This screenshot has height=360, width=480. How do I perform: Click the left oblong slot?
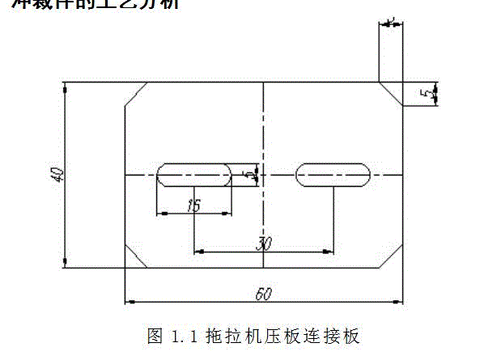pos(194,175)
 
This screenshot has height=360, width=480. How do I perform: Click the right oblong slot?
pos(333,175)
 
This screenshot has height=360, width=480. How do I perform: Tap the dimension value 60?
pos(262,294)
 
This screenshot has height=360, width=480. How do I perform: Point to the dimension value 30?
pos(262,244)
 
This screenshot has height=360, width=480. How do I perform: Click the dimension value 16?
pos(193,205)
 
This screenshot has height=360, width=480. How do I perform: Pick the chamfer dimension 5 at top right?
pos(424,93)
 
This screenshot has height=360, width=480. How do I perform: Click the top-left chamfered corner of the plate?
pos(135,94)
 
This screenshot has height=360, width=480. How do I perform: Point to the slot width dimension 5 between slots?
pos(254,173)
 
